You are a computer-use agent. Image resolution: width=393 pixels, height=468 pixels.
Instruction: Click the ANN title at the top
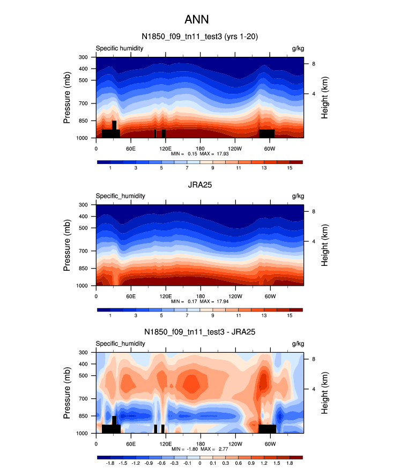click(x=196, y=20)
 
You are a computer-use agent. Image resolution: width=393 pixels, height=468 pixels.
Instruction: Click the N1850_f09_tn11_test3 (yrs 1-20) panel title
click(x=196, y=37)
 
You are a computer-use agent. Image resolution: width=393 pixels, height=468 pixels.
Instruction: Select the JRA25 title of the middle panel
click(x=199, y=185)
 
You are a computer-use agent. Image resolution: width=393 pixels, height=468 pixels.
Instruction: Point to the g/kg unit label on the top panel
click(x=298, y=48)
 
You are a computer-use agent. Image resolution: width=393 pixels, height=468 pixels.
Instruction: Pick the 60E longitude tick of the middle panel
click(x=130, y=296)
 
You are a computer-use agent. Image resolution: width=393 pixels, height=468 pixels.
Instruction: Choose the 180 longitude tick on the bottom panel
click(x=201, y=443)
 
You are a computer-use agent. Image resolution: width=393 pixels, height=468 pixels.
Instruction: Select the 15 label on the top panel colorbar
click(x=290, y=168)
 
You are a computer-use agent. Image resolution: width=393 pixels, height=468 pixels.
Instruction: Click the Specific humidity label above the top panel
click(x=120, y=48)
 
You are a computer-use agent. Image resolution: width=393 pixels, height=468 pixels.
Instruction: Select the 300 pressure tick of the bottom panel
click(x=83, y=352)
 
